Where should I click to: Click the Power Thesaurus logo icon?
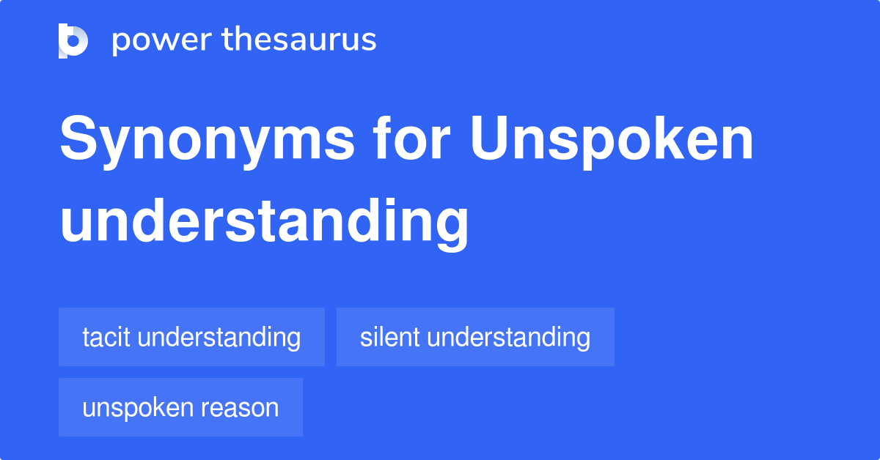pos(73,40)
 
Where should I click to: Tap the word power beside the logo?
pos(160,40)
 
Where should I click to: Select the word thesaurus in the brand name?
pos(299,40)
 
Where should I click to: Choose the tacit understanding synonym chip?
pos(191,337)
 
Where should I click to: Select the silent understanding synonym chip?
pos(475,337)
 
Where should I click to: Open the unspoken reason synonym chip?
pos(180,407)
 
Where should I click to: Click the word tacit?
pos(106,337)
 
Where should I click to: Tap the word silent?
pos(389,337)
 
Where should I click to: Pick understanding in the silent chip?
pos(508,337)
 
